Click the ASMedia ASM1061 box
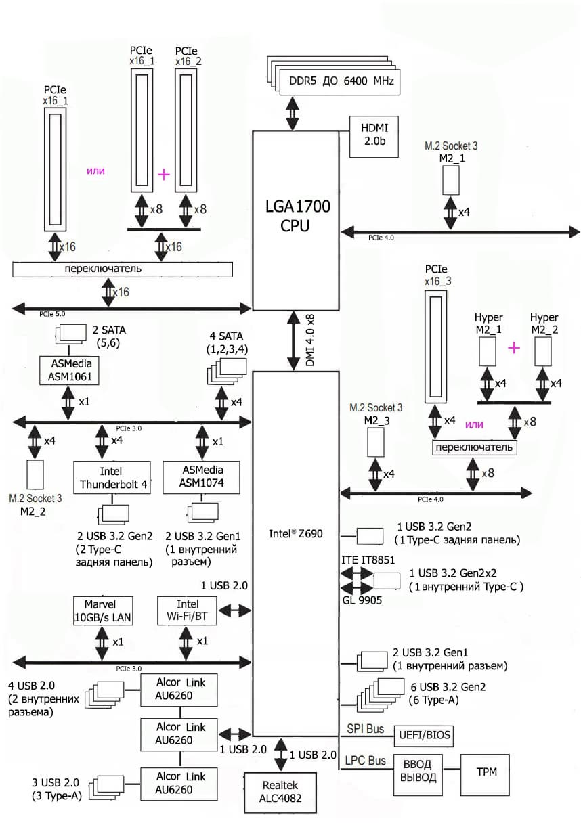(x=70, y=371)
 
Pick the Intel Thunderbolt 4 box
(x=112, y=478)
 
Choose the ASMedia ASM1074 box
(x=202, y=478)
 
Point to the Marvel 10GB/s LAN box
(x=103, y=610)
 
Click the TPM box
(x=485, y=772)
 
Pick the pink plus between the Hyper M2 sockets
(x=515, y=348)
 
